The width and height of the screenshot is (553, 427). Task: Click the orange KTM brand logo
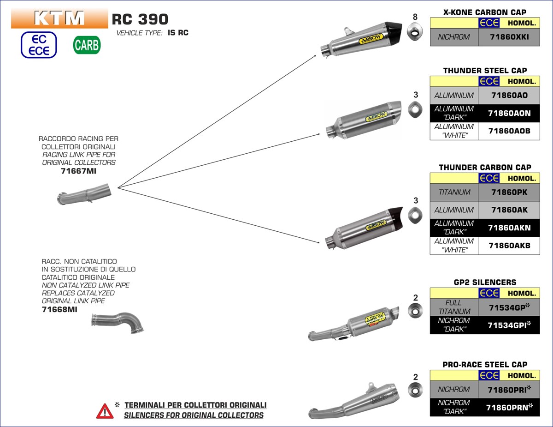[x=59, y=18]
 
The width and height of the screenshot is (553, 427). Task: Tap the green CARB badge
[x=87, y=45]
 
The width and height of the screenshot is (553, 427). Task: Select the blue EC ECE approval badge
[x=39, y=45]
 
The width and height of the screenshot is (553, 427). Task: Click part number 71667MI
[x=79, y=171]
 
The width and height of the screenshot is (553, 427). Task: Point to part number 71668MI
[x=59, y=309]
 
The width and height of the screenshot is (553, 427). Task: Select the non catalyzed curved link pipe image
[x=119, y=322]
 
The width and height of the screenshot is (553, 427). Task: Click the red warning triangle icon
[x=105, y=410]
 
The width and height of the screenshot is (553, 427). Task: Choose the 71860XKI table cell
[x=509, y=37]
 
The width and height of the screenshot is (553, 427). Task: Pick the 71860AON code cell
[x=509, y=113]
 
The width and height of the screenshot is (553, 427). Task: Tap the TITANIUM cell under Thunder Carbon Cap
[x=454, y=192]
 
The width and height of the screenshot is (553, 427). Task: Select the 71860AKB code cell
[x=509, y=246]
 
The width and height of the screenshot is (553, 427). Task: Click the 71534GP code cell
[x=509, y=307]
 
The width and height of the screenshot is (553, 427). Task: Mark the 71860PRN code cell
[x=509, y=407]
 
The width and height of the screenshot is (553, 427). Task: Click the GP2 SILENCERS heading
[x=484, y=282]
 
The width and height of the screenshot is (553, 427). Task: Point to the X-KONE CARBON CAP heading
[x=484, y=12]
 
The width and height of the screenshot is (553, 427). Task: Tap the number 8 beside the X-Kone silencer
[x=415, y=17]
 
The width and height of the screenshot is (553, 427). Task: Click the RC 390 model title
[x=140, y=19]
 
